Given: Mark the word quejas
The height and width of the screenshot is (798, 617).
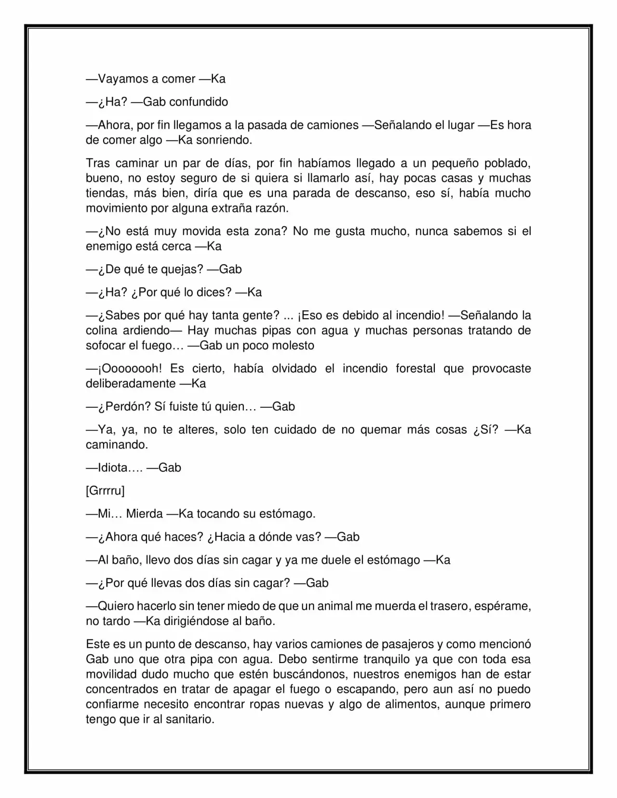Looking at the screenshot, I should click(x=181, y=269).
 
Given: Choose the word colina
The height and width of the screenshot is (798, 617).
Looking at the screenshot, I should click(x=101, y=331).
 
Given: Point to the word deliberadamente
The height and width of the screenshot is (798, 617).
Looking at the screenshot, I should click(x=131, y=384).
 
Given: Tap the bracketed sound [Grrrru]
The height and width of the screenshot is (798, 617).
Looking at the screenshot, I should click(x=105, y=491).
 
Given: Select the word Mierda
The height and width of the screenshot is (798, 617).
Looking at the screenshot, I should click(x=144, y=514).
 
